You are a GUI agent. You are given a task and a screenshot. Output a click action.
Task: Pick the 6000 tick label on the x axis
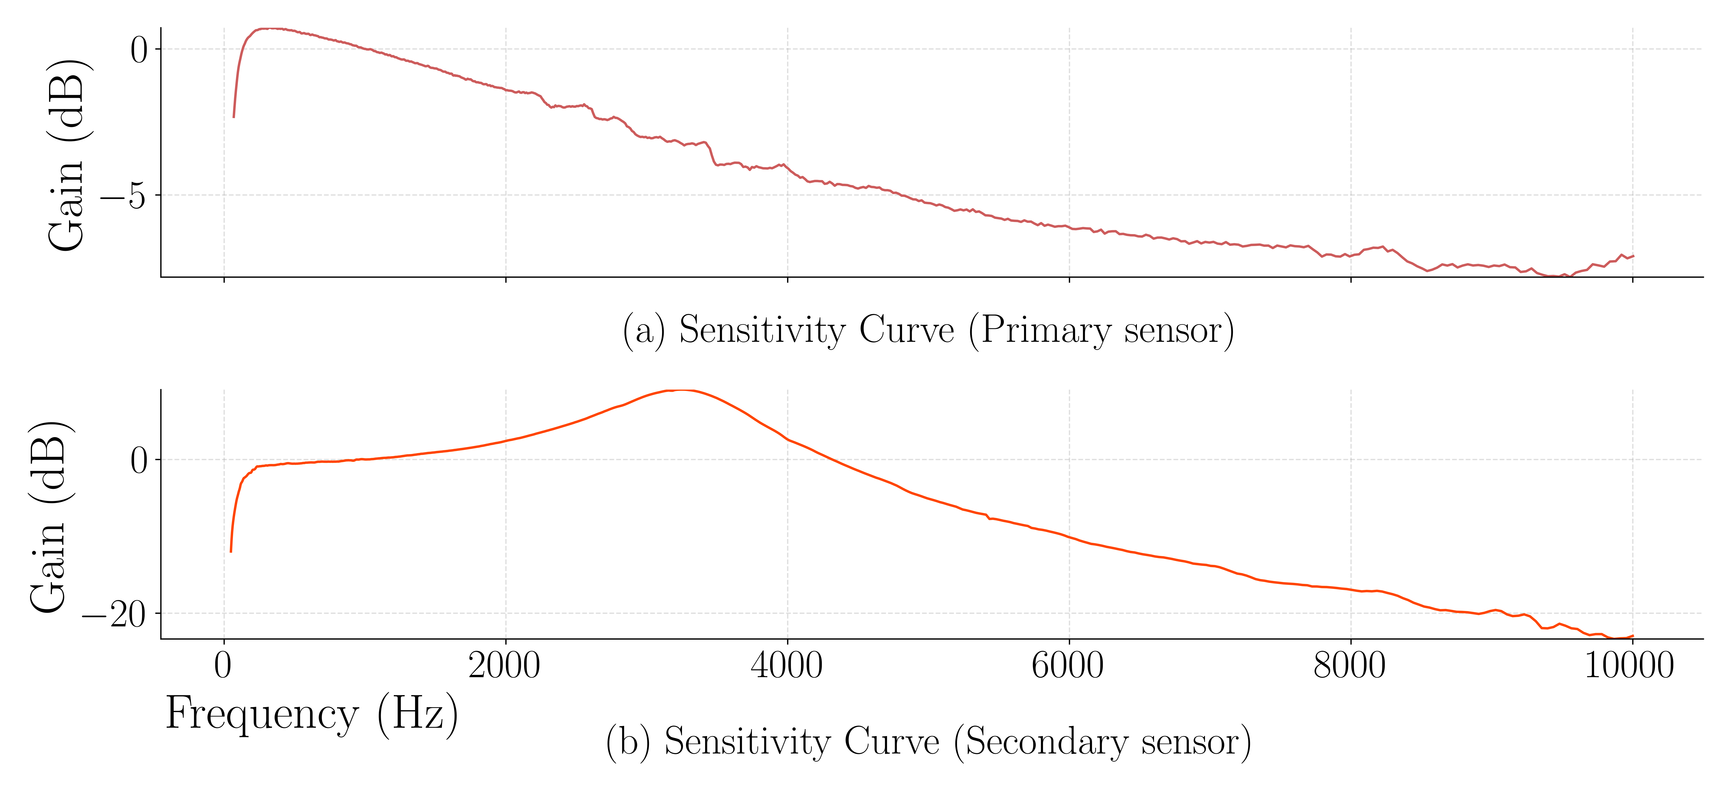(x=1068, y=665)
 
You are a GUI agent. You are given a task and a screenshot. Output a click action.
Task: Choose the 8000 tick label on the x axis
(x=1349, y=665)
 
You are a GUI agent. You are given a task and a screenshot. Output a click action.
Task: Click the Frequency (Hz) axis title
(x=312, y=714)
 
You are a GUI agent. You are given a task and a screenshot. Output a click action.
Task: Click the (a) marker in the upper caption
(x=644, y=331)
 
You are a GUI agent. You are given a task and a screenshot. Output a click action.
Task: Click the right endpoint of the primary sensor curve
(x=1633, y=256)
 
